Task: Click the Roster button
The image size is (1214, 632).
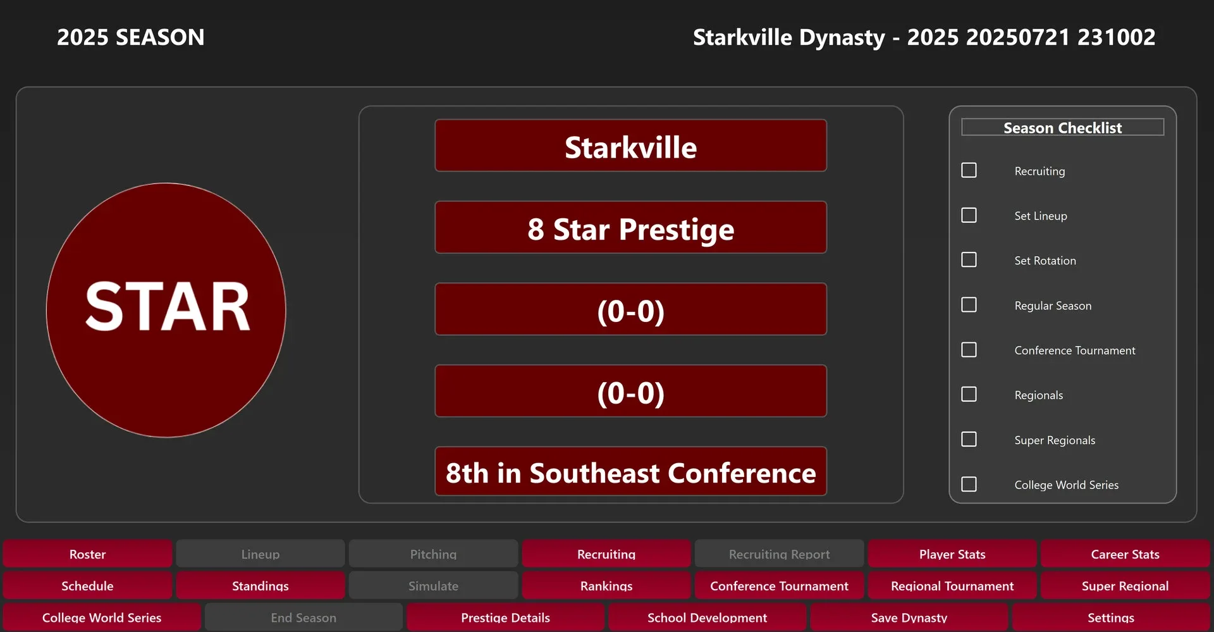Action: tap(87, 554)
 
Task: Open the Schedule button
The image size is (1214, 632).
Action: tap(87, 585)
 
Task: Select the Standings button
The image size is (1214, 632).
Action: tap(261, 585)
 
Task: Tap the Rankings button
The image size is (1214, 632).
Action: tap(606, 585)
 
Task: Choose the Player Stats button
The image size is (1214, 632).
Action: tap(952, 554)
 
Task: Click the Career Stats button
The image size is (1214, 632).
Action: tap(1125, 554)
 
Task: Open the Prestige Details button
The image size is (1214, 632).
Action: tap(505, 617)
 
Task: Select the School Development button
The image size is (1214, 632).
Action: tap(707, 617)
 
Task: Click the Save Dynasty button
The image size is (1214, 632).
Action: tap(909, 617)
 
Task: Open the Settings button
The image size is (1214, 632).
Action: tap(1111, 617)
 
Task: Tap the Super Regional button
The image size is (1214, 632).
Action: tap(1125, 585)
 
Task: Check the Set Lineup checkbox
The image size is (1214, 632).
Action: tap(969, 215)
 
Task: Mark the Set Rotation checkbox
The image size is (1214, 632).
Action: tap(969, 260)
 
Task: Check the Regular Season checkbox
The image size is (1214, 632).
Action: tap(969, 305)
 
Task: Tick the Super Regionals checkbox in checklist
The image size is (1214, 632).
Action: tap(969, 439)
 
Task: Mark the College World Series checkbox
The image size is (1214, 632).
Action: tap(969, 484)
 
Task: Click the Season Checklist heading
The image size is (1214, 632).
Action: tap(1062, 127)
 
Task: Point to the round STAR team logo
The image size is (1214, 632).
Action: tap(166, 310)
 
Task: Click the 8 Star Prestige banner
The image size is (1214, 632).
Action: tap(631, 227)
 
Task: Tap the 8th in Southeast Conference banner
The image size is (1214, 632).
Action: tap(631, 471)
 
